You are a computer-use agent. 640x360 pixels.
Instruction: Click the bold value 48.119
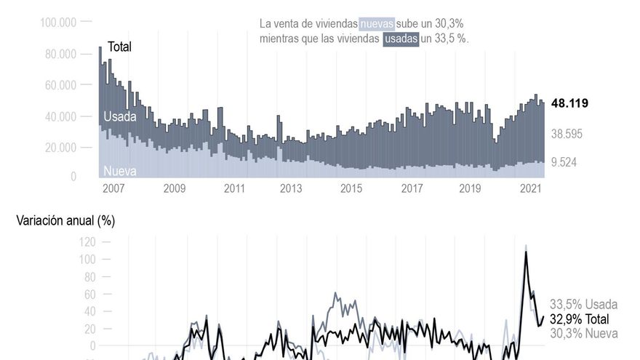[569, 103]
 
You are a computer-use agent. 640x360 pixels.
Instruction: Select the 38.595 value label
[567, 134]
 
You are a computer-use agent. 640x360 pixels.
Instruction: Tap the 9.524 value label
[564, 162]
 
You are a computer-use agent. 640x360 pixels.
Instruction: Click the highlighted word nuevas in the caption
[377, 24]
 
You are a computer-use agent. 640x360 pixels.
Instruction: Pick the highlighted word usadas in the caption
[401, 39]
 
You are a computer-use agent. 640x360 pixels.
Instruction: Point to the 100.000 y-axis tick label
[58, 23]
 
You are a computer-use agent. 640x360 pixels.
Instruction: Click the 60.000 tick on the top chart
[60, 85]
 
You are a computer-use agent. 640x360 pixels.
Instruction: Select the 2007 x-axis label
[113, 189]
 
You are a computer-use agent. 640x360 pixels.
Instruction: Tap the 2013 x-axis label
[291, 189]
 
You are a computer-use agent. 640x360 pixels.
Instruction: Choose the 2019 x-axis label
[470, 189]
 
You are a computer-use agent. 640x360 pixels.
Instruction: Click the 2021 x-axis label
[530, 189]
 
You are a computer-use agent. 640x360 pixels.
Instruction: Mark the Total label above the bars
[119, 47]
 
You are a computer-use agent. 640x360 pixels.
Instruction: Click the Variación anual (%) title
[65, 220]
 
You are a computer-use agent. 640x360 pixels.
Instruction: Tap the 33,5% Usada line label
[583, 305]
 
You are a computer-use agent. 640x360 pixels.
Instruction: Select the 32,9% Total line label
[579, 319]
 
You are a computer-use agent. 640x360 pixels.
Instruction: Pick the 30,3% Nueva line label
[583, 333]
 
